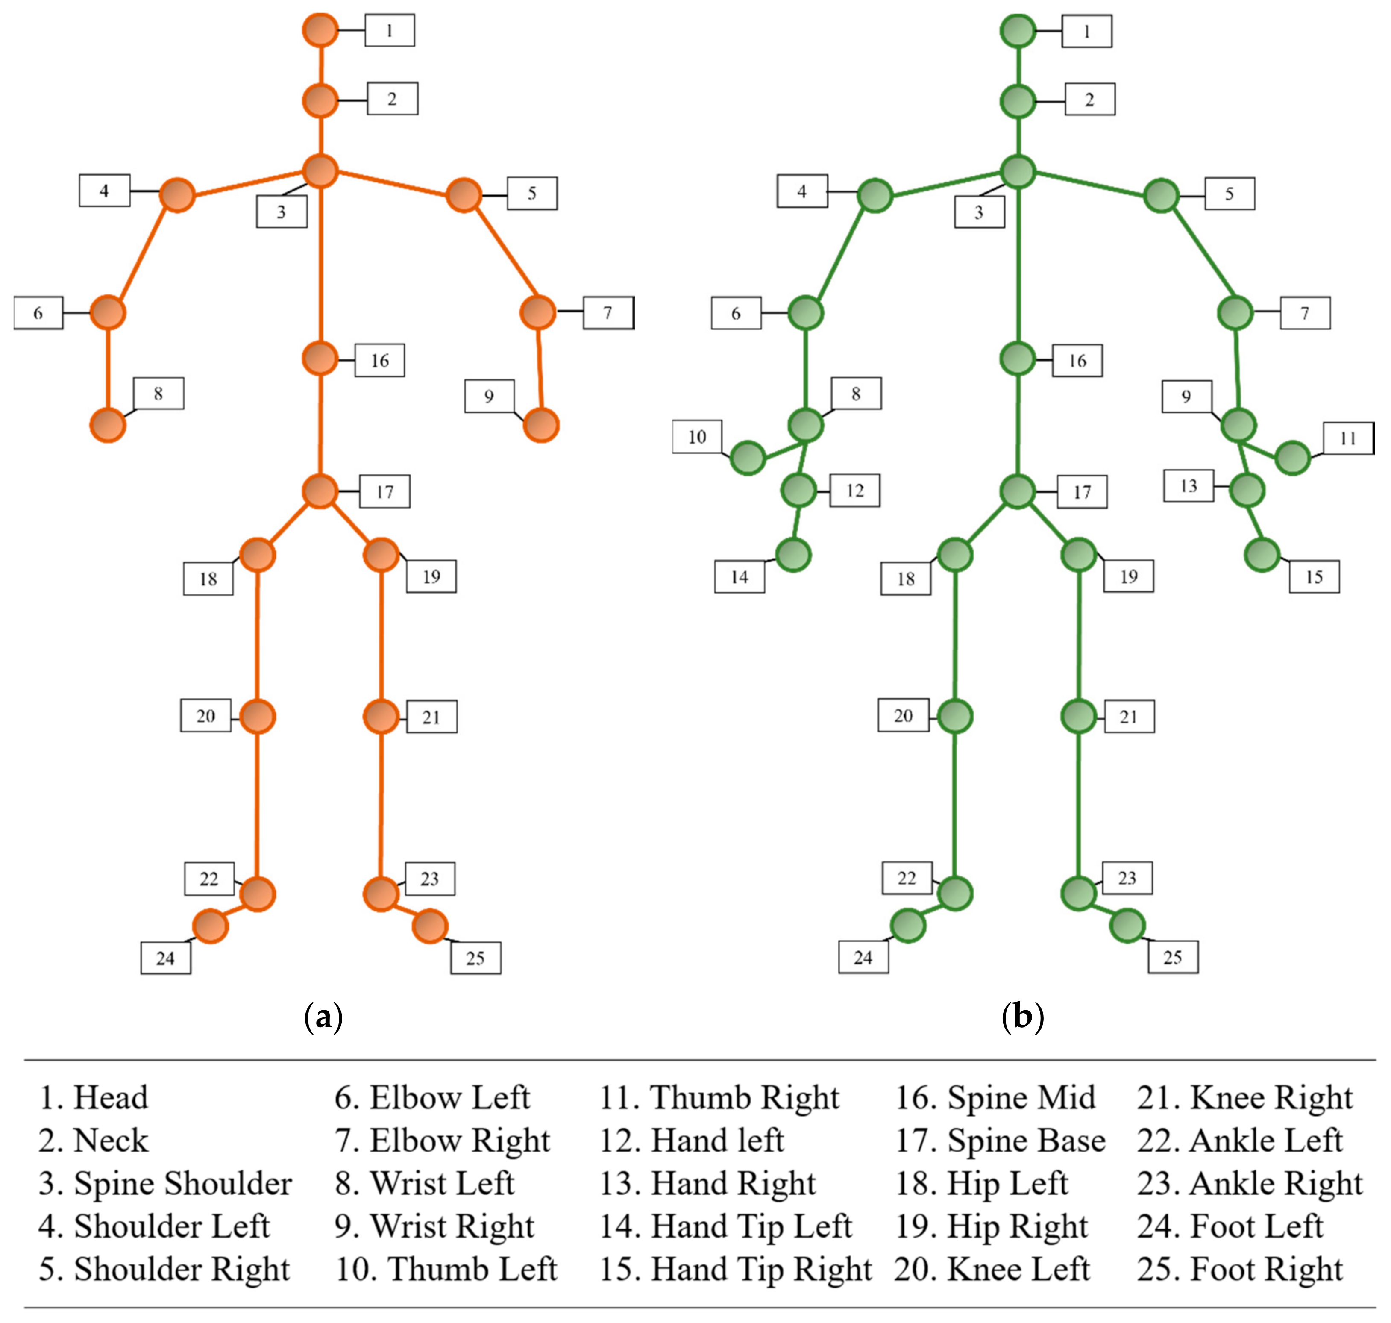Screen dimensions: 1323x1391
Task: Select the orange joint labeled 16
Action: point(320,359)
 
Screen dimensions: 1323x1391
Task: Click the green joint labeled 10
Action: point(747,459)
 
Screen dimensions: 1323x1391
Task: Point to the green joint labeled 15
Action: point(1262,555)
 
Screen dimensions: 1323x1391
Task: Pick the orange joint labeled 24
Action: point(210,926)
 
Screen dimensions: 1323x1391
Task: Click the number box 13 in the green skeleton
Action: point(1188,486)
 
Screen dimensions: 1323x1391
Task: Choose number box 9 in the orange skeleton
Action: point(489,396)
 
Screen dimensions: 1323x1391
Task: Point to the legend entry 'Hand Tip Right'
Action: point(735,1270)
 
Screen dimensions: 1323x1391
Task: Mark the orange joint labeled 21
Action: point(381,717)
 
